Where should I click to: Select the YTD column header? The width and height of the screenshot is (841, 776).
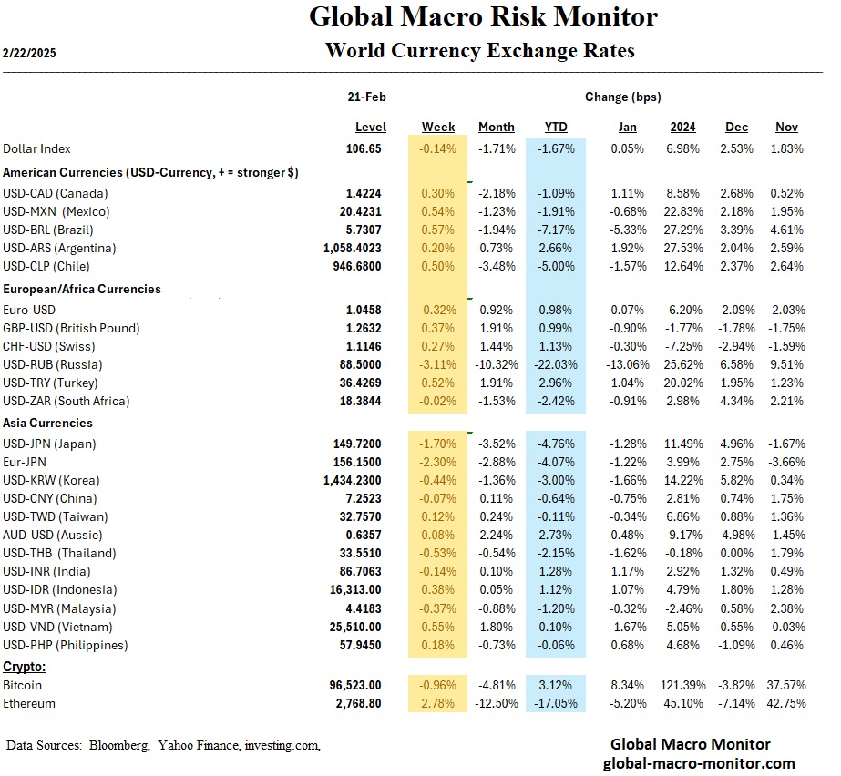pyautogui.click(x=556, y=127)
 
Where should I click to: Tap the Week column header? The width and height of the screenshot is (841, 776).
pyautogui.click(x=438, y=127)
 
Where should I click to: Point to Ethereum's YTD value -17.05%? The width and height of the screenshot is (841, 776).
pyautogui.click(x=556, y=703)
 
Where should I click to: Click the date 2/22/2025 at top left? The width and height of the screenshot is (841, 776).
pyautogui.click(x=31, y=53)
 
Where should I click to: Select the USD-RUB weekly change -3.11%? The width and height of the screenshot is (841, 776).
pyautogui.click(x=438, y=364)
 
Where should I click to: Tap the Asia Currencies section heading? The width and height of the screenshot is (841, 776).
pyautogui.click(x=47, y=423)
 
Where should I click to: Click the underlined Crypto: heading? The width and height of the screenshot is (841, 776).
pyautogui.click(x=25, y=667)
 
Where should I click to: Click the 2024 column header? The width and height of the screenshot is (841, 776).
pyautogui.click(x=682, y=127)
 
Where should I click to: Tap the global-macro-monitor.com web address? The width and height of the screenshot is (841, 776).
pyautogui.click(x=699, y=763)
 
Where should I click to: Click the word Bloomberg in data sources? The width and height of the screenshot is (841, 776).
pyautogui.click(x=118, y=746)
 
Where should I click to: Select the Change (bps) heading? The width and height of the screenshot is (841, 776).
pyautogui.click(x=623, y=97)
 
